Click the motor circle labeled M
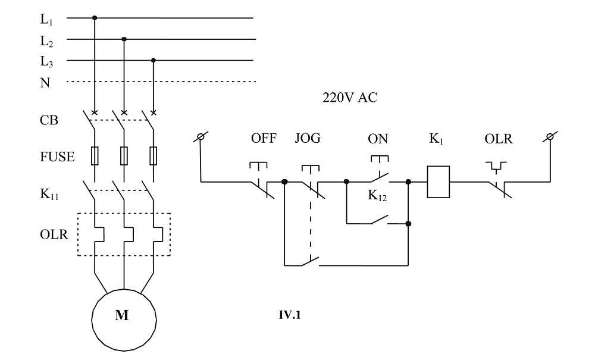coord(124,316)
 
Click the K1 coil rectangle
coord(438,181)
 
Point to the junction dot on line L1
coord(95,18)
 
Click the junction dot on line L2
coord(124,39)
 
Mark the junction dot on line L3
coord(154,60)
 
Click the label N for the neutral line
coord(45,83)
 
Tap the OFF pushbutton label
coord(264,139)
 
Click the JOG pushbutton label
coord(307,139)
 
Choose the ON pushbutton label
coord(378,139)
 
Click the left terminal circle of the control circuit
coord(202,138)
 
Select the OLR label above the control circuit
coord(498,139)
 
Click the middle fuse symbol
coord(124,156)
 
